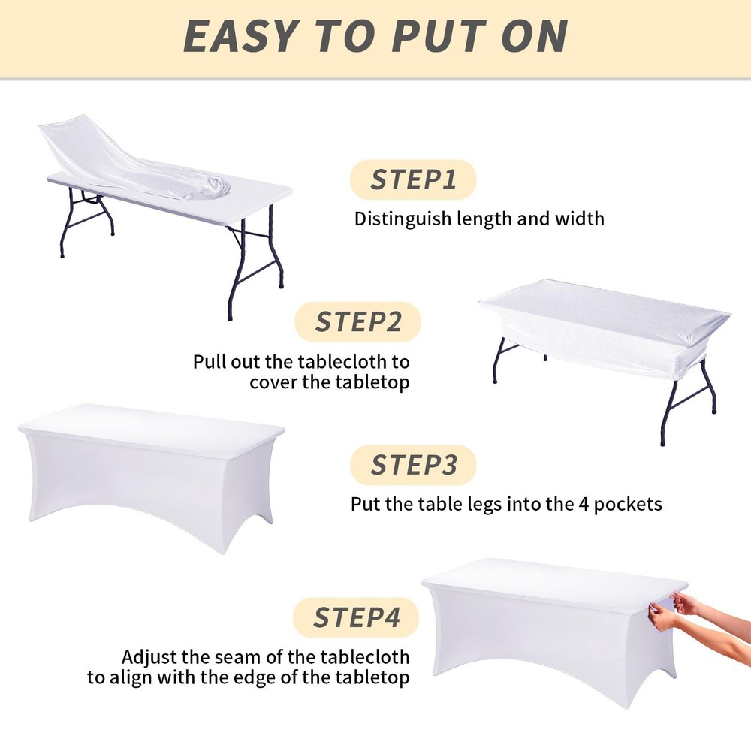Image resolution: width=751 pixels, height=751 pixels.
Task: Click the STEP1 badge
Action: (413, 180)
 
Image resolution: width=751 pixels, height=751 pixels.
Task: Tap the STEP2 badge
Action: (357, 321)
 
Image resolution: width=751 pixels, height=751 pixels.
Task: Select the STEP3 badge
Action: (413, 465)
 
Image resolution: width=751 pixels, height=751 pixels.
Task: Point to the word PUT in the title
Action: (427, 37)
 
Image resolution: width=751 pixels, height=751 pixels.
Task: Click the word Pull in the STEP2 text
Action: (209, 361)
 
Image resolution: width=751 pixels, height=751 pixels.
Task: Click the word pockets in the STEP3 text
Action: (629, 504)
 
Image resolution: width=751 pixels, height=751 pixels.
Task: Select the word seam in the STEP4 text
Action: (233, 657)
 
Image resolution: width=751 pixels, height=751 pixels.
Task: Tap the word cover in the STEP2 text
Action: (273, 382)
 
